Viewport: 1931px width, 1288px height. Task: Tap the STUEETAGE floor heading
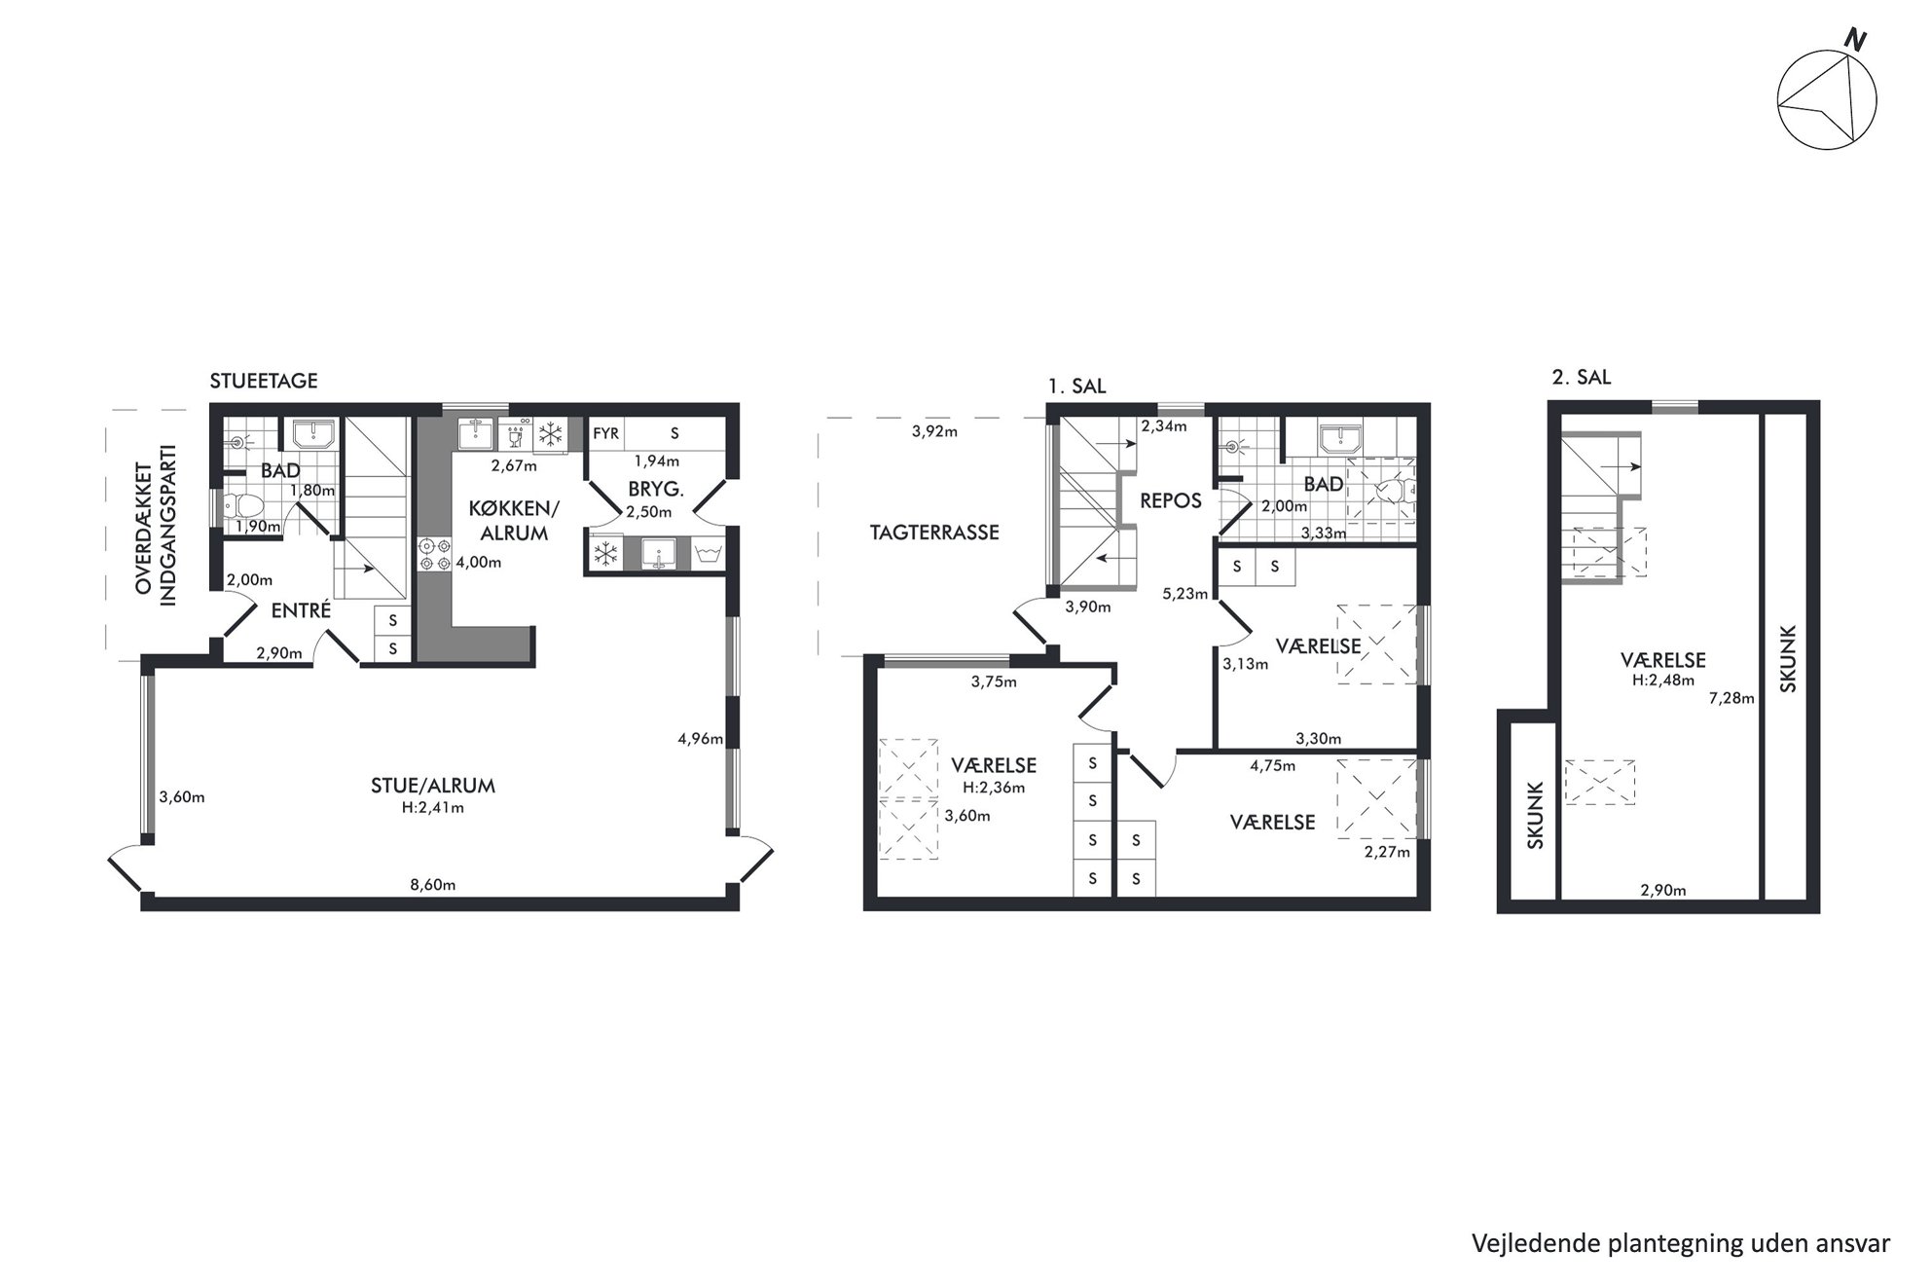tap(264, 381)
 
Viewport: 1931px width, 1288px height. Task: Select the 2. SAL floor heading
tap(1582, 377)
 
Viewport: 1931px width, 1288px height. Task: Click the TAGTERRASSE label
tap(934, 533)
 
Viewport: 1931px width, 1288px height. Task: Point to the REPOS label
tap(1171, 501)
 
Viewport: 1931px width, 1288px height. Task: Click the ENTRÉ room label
tap(301, 610)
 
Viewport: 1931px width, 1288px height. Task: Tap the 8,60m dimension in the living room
tap(432, 885)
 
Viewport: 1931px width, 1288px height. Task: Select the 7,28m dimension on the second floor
tap(1731, 698)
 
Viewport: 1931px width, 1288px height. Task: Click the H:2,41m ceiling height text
tap(433, 807)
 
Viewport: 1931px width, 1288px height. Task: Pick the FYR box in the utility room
tap(606, 433)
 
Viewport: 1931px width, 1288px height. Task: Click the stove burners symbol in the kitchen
tap(434, 554)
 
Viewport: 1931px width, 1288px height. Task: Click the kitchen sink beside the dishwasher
tap(477, 433)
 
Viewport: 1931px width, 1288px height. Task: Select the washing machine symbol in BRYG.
tap(708, 555)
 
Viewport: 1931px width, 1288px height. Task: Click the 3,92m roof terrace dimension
tap(934, 431)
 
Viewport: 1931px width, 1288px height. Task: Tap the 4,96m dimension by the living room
tap(701, 739)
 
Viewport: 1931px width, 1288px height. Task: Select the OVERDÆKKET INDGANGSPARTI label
tap(155, 525)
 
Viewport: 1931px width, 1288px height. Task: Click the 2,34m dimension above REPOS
tap(1164, 425)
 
